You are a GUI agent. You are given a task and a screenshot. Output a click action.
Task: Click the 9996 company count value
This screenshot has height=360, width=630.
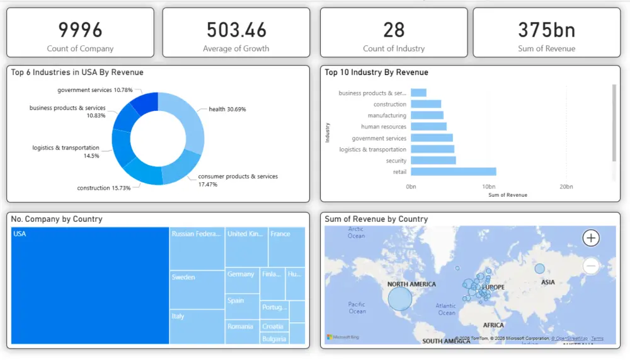tap(80, 29)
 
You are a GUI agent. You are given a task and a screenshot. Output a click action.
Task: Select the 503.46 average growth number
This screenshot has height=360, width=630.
tap(236, 29)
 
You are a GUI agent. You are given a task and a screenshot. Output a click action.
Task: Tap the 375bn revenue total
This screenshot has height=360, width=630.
tap(546, 29)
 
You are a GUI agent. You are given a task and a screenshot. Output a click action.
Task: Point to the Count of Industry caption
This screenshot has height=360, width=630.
tap(394, 49)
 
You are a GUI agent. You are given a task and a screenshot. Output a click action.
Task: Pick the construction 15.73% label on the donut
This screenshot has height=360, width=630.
tap(104, 188)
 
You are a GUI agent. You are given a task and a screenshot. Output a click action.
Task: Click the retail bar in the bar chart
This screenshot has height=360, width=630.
tap(453, 171)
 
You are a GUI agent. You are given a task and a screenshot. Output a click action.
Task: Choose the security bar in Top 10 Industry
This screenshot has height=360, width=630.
tap(433, 160)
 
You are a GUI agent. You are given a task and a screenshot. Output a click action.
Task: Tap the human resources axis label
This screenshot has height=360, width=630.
tap(384, 127)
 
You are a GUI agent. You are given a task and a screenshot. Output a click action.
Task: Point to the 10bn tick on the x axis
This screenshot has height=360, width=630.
tap(488, 187)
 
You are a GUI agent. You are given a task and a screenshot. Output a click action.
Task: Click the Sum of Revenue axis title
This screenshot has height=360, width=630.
tap(508, 195)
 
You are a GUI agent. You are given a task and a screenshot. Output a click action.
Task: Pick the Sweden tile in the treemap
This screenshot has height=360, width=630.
tap(197, 289)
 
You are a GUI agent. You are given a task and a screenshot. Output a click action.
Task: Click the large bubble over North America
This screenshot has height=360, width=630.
tap(399, 298)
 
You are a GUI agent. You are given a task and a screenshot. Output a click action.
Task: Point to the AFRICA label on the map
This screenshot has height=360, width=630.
tap(493, 325)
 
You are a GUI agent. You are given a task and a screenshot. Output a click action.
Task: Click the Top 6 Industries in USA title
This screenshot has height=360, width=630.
tap(77, 73)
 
